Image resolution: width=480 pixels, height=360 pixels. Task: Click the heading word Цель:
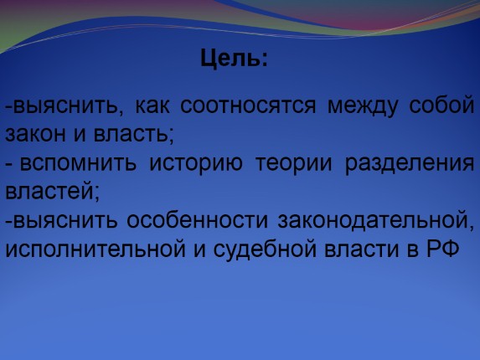point(235,60)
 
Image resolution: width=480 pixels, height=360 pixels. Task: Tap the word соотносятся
point(256,106)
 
